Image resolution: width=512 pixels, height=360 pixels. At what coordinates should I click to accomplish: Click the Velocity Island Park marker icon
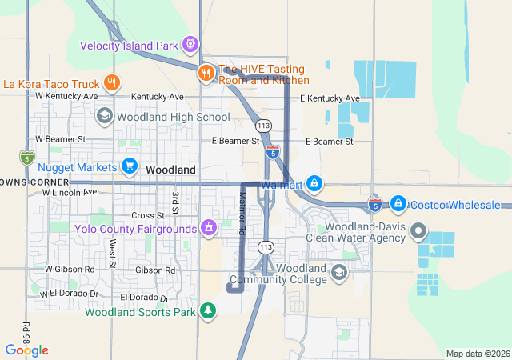pos(190,44)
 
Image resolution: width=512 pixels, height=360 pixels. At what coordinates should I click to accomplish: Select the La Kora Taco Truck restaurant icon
pos(112,82)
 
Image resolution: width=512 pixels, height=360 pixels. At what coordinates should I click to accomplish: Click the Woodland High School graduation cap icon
pos(104,117)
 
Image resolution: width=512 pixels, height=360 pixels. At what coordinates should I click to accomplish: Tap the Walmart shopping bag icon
pos(315,185)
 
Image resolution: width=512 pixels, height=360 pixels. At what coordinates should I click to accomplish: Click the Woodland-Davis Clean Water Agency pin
pos(418,231)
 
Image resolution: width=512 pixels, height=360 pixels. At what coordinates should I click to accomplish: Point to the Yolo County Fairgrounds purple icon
pos(209,229)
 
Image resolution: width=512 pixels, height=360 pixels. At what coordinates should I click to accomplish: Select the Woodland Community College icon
pos(339,274)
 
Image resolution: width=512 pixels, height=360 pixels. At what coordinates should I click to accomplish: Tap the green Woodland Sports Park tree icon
pos(208,310)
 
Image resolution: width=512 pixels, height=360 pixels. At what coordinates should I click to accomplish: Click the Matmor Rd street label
pos(242,213)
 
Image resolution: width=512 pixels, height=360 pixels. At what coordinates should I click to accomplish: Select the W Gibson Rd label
pos(70,270)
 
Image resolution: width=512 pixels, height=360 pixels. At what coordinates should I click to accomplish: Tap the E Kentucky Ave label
pos(329,98)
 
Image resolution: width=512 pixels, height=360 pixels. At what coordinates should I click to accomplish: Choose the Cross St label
pos(147,215)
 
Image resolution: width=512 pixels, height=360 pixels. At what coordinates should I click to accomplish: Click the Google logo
pos(26,350)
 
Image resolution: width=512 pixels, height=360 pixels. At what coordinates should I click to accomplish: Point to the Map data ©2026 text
pos(477,354)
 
